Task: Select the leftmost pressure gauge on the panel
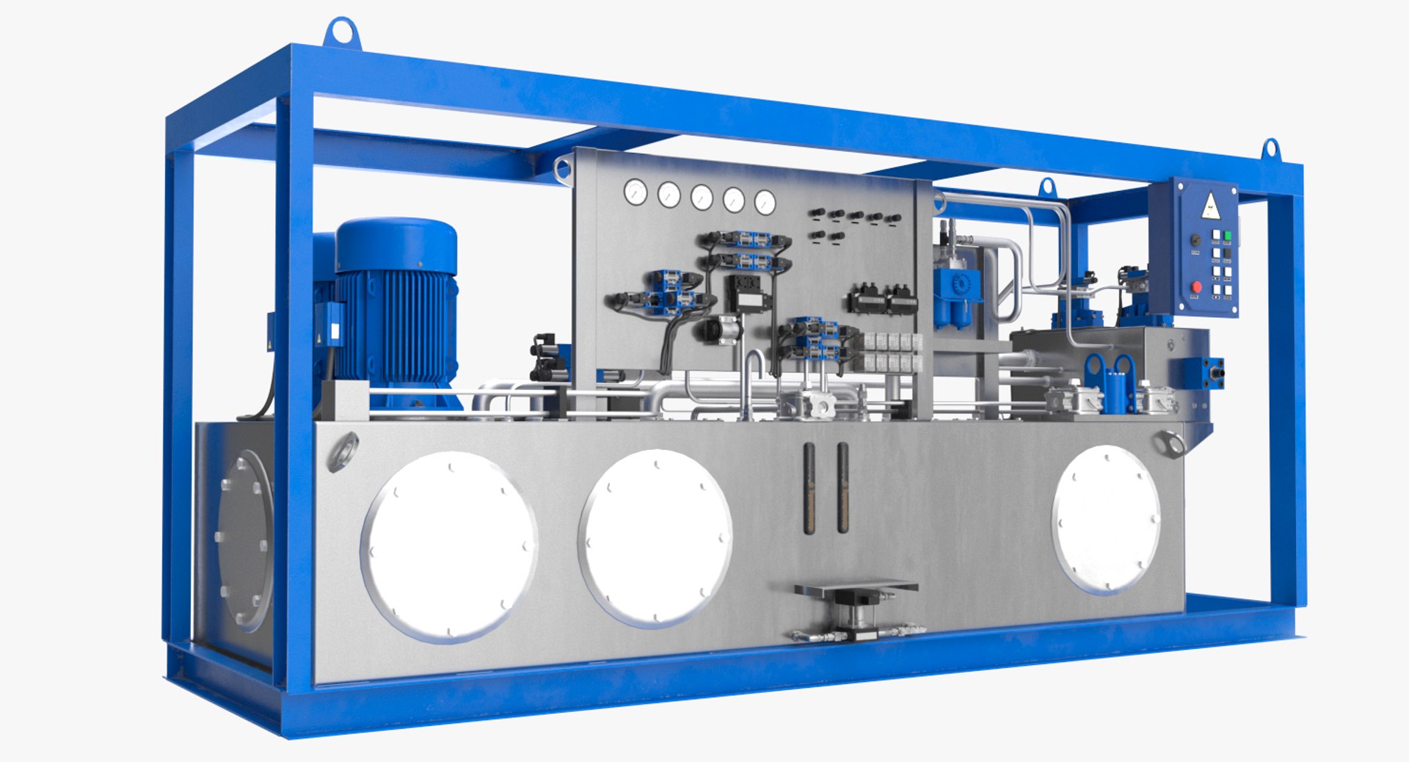[x=636, y=192]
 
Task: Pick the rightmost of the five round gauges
[x=765, y=202]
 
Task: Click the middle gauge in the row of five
[x=701, y=197]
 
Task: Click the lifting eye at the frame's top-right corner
[x=1270, y=149]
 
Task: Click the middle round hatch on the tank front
[x=655, y=537]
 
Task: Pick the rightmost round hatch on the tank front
[x=1106, y=518]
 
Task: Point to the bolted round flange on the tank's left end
[x=244, y=541]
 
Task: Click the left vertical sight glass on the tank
[x=809, y=487]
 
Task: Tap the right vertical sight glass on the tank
[x=842, y=487]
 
